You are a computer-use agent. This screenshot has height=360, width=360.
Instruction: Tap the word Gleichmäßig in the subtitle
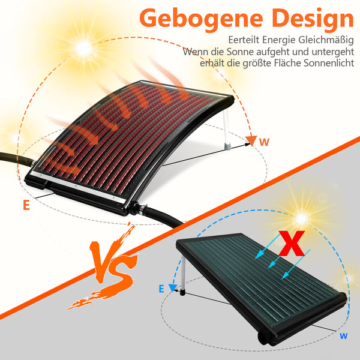326,40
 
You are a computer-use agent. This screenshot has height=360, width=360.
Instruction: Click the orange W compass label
264,142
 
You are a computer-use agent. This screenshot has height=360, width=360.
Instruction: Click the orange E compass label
26,205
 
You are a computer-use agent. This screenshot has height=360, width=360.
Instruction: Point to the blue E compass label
161,289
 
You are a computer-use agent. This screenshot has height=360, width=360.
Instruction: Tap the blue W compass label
343,336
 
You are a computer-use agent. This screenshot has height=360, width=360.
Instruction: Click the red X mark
292,244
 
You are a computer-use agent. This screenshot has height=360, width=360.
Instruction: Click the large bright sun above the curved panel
84,49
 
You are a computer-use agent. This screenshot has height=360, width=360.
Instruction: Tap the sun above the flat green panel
301,218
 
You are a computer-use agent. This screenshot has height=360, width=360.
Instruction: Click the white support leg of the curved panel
226,130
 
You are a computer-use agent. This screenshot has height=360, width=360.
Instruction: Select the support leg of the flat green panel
183,276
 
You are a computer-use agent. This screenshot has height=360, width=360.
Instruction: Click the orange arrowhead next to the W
251,140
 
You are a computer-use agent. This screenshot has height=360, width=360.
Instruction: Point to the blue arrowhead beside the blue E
173,287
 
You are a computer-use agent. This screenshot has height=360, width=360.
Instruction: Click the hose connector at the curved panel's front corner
137,208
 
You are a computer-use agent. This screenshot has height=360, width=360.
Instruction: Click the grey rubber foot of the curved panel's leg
227,146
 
